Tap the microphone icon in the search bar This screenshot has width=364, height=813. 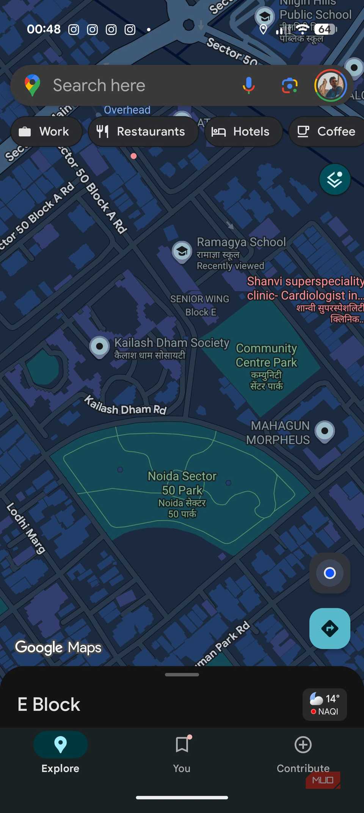tap(249, 85)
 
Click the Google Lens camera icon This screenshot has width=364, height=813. tap(289, 85)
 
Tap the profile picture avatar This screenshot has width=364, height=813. tap(330, 85)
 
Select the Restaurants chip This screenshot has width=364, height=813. tap(143, 131)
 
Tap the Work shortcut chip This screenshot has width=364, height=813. tap(46, 131)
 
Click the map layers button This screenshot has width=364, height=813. tap(334, 179)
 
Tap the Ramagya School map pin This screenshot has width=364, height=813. tap(182, 251)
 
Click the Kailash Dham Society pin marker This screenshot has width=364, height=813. tap(99, 346)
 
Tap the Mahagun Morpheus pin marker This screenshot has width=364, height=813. tap(325, 431)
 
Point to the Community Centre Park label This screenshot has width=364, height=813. tap(266, 356)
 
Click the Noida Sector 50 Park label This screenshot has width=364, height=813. tap(182, 483)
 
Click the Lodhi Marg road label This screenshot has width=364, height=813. tap(26, 528)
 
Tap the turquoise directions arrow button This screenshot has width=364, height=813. tap(329, 629)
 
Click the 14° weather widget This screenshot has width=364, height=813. tap(325, 704)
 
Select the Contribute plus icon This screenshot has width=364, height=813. tap(303, 745)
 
